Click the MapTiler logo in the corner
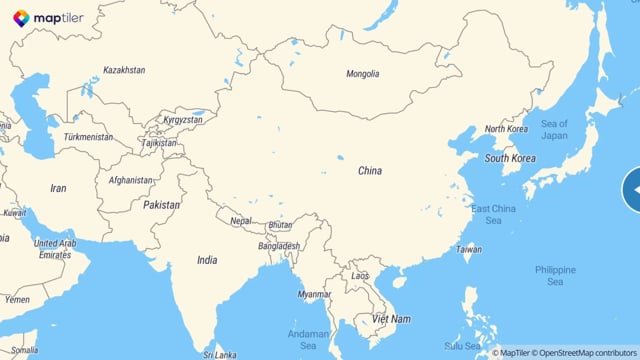pos(48,17)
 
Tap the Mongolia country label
pos(362,74)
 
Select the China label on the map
pos(370,171)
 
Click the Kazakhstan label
pos(124,71)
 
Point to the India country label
pos(207,260)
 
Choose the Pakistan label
pos(162,205)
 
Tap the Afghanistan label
pos(130,181)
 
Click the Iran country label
pos(59,188)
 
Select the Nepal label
pos(241,221)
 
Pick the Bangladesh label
pos(279,246)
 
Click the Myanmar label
pos(314,294)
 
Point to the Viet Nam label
pos(391,319)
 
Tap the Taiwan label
pos(468,249)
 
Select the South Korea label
pos(510,158)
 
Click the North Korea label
pos(506,129)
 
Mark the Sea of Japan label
pos(554,129)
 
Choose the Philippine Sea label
pos(555,276)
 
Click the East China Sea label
pos(493,214)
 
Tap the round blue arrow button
pos(633,190)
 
